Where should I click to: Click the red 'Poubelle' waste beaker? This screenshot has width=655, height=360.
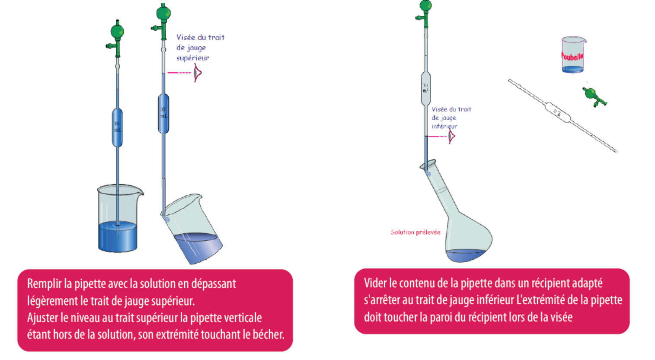(x=573, y=55)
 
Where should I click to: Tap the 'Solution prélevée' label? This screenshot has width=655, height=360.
(x=415, y=232)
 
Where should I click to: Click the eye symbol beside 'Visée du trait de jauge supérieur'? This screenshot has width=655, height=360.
(x=197, y=73)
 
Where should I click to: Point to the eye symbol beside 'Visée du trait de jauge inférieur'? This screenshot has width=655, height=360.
(x=451, y=137)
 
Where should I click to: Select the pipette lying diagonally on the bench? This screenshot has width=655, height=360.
(x=562, y=115)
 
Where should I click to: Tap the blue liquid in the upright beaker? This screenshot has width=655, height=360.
(x=118, y=237)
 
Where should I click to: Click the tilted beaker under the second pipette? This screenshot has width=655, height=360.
(x=193, y=229)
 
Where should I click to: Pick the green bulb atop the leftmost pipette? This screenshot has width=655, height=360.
(x=117, y=32)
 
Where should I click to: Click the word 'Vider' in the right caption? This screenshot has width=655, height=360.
(x=375, y=284)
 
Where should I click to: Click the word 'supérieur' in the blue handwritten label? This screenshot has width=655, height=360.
(x=193, y=58)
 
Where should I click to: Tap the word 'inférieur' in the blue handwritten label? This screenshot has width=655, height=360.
(x=444, y=126)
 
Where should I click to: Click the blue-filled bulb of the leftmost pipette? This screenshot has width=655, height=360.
(x=117, y=128)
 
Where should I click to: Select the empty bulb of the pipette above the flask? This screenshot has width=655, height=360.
(x=425, y=89)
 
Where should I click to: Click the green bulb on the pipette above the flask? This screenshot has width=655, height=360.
(x=425, y=6)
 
